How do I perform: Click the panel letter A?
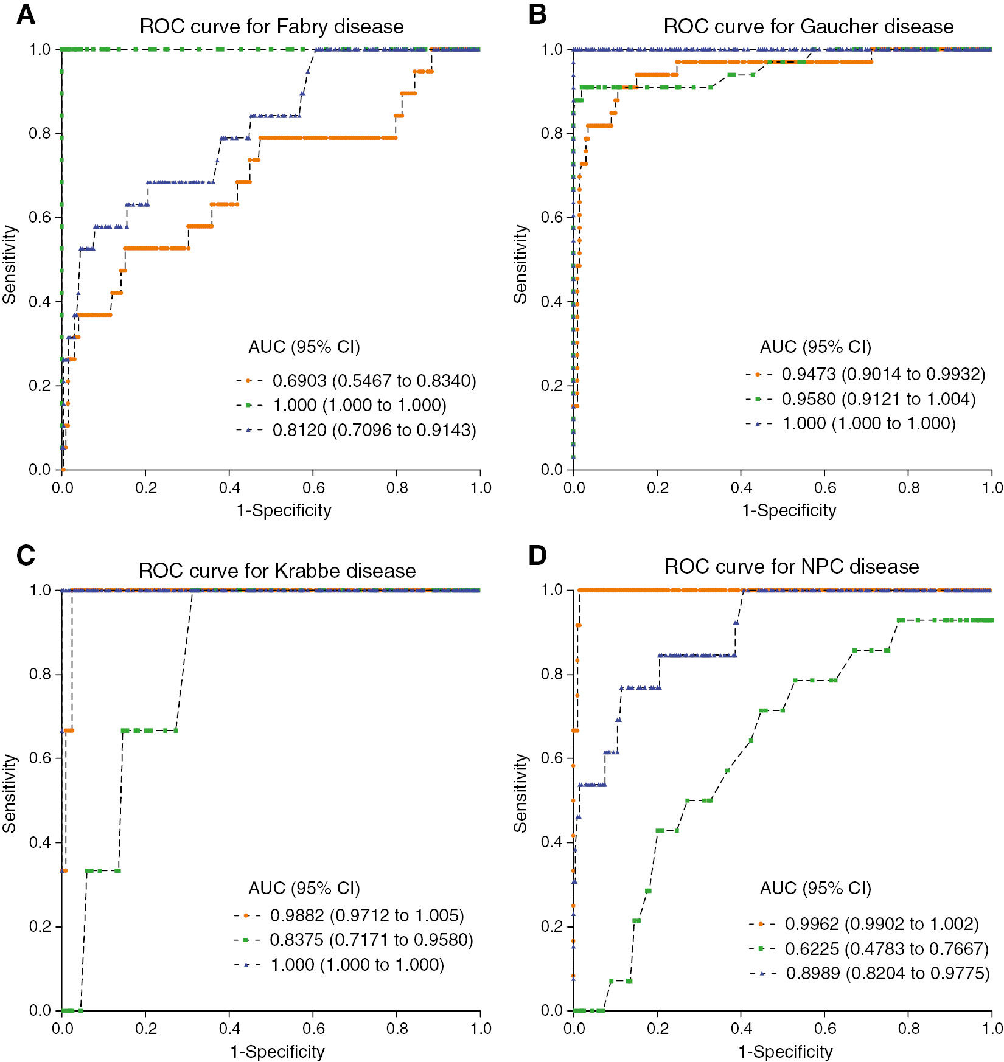pos(26,15)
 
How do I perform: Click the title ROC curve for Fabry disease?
pos(271,27)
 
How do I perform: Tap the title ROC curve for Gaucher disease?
pos(808,27)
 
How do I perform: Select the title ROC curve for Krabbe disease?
pos(277,571)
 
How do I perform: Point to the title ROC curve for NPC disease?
pos(791,566)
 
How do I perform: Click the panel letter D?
pos(537,555)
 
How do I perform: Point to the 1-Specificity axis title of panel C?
pos(277,1051)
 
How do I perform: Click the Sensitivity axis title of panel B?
pos(521,264)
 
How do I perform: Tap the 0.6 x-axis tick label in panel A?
pos(313,488)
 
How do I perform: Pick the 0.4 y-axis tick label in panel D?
pos(551,842)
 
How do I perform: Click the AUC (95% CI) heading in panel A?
pos(304,347)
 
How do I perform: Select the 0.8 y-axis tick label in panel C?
pos(40,674)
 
